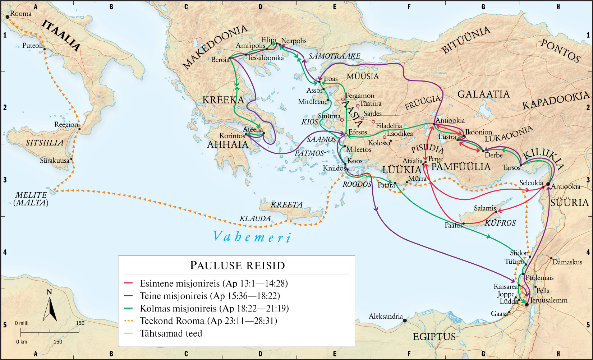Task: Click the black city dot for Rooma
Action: pos(7,17)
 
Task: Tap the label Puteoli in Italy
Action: pos(32,46)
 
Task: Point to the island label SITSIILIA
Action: pos(45,143)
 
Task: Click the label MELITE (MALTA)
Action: pos(31,199)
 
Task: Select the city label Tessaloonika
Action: pos(266,58)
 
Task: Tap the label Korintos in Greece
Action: pos(232,136)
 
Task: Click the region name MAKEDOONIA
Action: pos(215,47)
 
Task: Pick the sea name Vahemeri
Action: pos(252,237)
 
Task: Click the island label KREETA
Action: pos(286,205)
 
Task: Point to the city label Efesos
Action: pos(358,132)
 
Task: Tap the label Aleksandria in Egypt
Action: pos(386,317)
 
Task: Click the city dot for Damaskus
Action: pos(551,258)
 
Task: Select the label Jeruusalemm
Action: pos(549,300)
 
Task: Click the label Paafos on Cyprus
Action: pos(454,226)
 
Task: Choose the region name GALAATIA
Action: pos(483,94)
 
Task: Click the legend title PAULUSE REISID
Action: pos(237,266)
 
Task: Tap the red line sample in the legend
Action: pos(128,283)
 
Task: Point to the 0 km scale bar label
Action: pos(22,342)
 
